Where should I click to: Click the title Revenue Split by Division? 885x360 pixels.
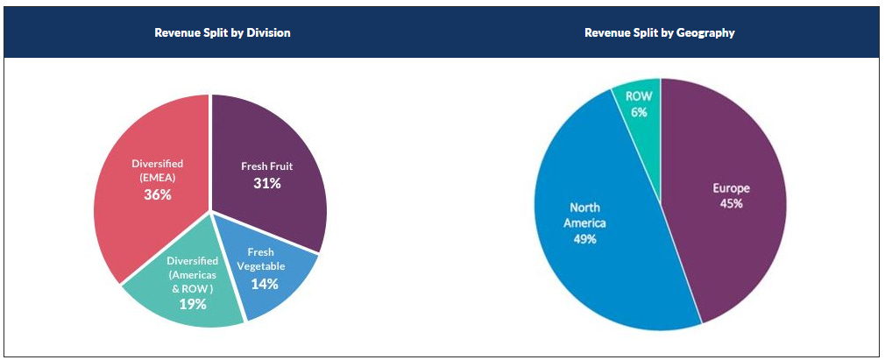pos(223,32)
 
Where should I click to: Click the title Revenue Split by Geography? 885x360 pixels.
pos(660,32)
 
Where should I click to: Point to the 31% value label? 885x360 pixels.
pos(267,183)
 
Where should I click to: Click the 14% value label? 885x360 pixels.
pos(264,284)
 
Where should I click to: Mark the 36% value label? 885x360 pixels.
pos(158,194)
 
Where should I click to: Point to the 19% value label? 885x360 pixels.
pos(192,304)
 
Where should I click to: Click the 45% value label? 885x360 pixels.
pos(732,203)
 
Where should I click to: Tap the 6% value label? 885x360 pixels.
pos(639,112)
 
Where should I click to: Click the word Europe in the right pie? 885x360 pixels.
pos(732,188)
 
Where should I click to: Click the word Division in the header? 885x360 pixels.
pos(267,32)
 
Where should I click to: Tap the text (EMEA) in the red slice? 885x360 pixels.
pos(158,178)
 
